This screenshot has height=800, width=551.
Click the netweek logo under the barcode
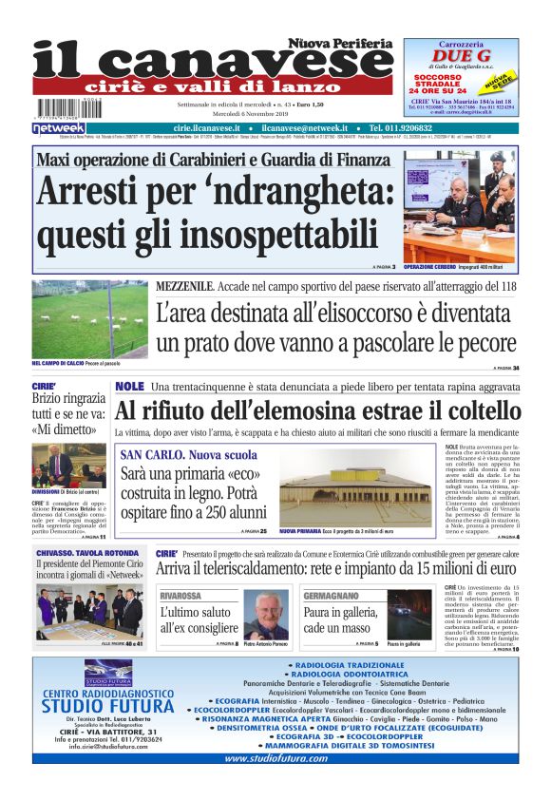pyautogui.click(x=59, y=127)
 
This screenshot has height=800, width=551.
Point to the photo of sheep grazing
pyautogui.click(x=89, y=320)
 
